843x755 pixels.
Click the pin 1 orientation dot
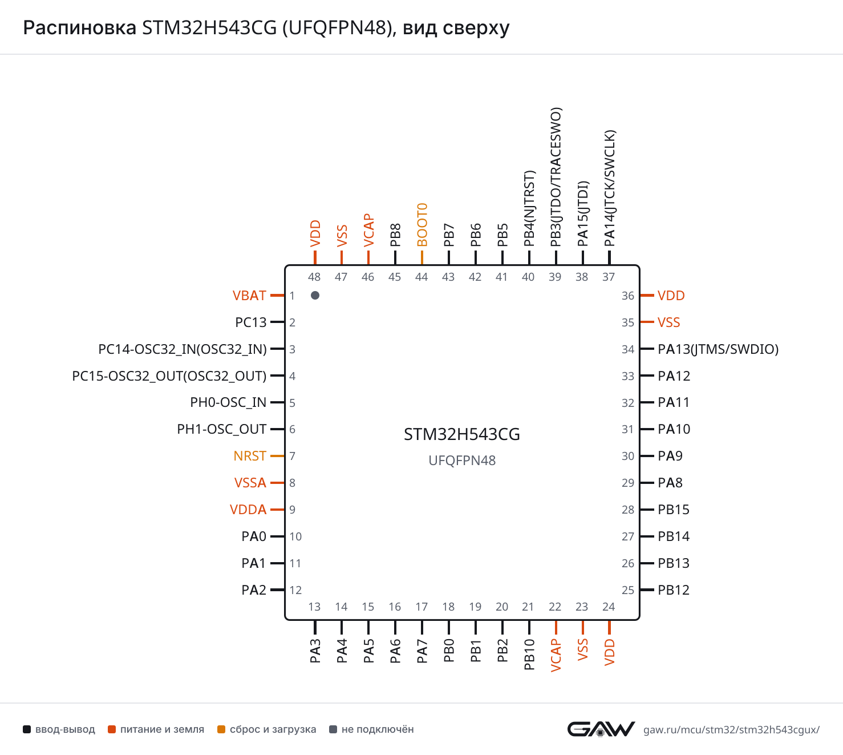315,295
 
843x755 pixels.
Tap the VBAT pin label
249,296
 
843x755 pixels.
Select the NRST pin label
250,456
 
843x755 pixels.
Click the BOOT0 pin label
422,225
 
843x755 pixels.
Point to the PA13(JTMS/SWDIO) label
718,349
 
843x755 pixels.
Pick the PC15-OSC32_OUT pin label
169,376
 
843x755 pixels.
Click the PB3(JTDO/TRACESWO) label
556,177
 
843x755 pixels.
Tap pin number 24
609,607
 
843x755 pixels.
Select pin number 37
609,277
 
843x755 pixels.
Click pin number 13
315,607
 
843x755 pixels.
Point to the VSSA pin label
250,483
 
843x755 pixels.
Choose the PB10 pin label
529,655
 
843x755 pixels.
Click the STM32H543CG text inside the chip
462,434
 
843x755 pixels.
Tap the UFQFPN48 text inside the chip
462,461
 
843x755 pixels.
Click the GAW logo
601,729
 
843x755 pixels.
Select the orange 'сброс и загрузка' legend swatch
221,729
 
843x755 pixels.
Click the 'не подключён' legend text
378,729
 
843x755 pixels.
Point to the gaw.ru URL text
731,729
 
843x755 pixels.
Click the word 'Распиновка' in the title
79,28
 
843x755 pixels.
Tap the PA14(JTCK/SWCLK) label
610,188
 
